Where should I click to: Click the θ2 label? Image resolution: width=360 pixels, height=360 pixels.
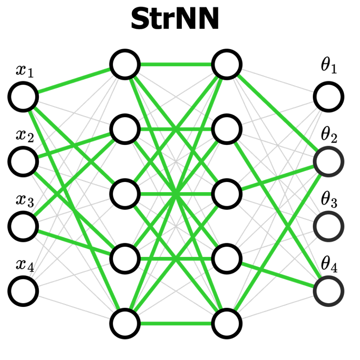tap(328, 132)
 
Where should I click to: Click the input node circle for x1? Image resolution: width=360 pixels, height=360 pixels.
tap(23, 96)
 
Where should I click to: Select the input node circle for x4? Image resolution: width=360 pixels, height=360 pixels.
tap(23, 290)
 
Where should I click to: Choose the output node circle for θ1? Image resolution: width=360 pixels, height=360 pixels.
tap(328, 96)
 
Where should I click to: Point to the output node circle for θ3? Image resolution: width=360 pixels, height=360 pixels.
tap(328, 226)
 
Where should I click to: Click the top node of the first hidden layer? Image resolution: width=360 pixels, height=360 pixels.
tap(125, 64)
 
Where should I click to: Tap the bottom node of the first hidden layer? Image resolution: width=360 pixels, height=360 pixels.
tap(125, 323)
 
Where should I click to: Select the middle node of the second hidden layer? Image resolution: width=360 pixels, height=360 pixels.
tap(227, 194)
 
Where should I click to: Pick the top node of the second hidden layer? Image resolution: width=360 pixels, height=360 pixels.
tap(227, 64)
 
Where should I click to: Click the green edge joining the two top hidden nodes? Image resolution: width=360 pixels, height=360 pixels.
tap(176, 64)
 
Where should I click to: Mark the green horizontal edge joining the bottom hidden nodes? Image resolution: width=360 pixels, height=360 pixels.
tap(176, 323)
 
